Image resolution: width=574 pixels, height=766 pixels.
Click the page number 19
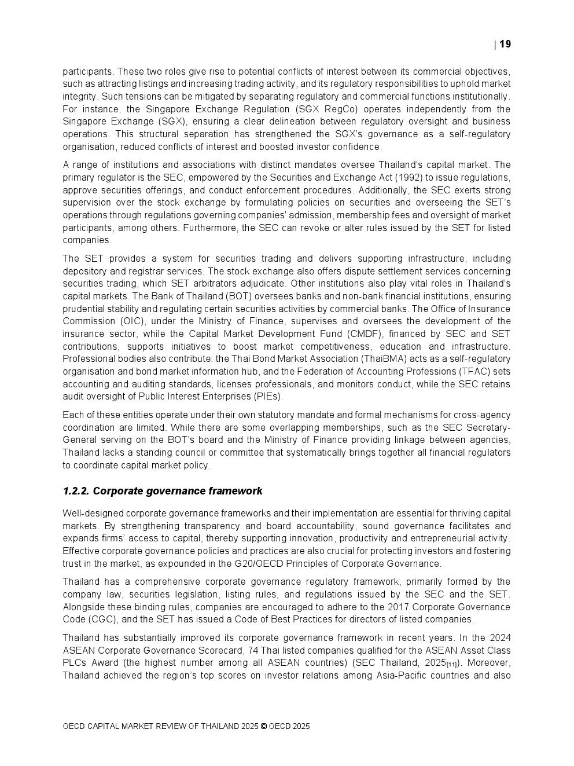[x=505, y=44]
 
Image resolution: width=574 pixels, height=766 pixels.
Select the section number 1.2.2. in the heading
[x=76, y=491]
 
